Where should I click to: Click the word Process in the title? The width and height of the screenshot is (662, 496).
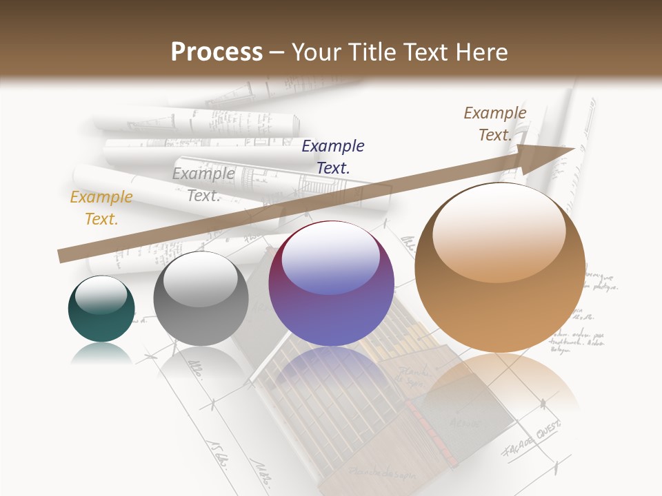(x=217, y=52)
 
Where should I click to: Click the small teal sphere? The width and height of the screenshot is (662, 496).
(x=101, y=309)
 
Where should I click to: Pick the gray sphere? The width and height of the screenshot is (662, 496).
(x=201, y=299)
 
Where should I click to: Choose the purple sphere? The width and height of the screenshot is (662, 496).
(x=332, y=284)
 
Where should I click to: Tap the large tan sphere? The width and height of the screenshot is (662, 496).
(x=500, y=269)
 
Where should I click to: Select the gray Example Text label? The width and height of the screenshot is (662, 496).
(x=203, y=185)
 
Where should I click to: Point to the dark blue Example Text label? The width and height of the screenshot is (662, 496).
(x=333, y=156)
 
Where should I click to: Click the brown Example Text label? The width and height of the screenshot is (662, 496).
(x=495, y=124)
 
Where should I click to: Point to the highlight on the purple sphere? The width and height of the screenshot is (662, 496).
(x=331, y=258)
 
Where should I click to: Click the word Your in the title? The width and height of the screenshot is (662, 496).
(x=315, y=52)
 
